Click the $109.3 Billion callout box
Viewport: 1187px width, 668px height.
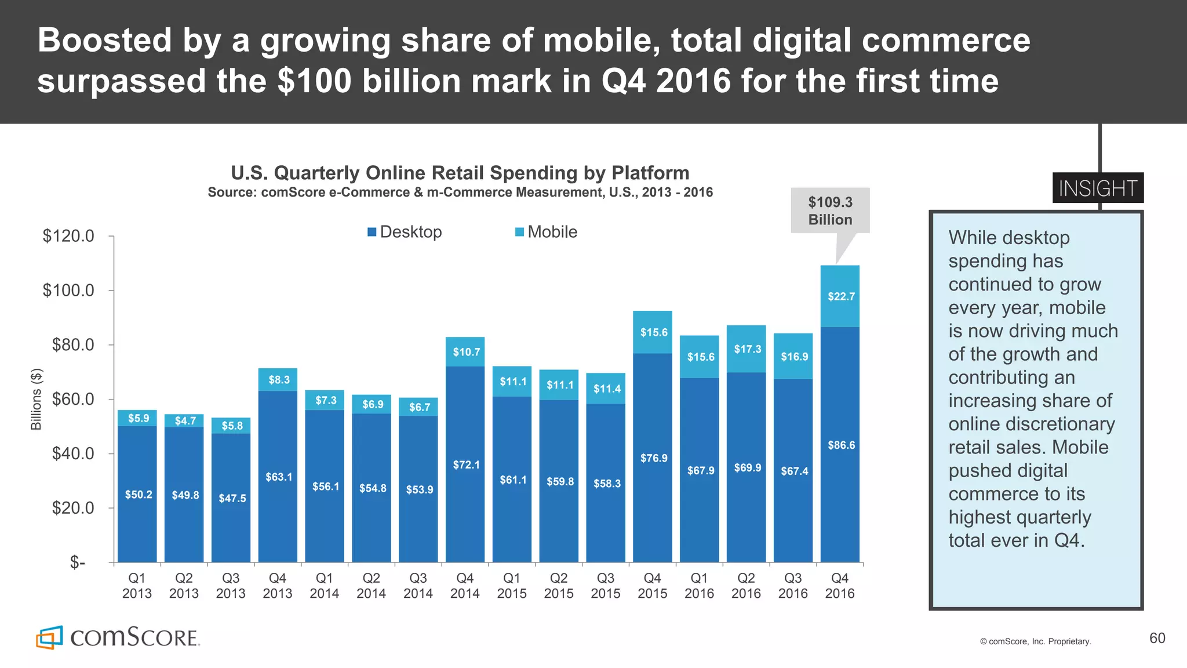pyautogui.click(x=830, y=210)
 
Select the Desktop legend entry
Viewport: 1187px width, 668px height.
pyautogui.click(x=405, y=232)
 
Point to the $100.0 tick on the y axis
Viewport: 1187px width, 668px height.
pyautogui.click(x=68, y=290)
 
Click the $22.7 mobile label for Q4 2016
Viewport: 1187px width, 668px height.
pyautogui.click(x=840, y=296)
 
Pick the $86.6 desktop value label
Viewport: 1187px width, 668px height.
pyautogui.click(x=840, y=445)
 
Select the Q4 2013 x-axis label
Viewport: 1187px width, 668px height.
pyautogui.click(x=278, y=586)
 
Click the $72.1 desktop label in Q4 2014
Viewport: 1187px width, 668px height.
pyautogui.click(x=466, y=464)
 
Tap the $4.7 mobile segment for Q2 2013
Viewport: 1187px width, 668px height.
pyautogui.click(x=185, y=420)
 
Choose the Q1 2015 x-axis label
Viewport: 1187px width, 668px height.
pyautogui.click(x=512, y=586)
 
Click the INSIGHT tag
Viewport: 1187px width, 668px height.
pyautogui.click(x=1098, y=188)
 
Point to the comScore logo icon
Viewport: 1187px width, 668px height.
pyautogui.click(x=49, y=637)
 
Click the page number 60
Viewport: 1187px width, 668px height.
pyautogui.click(x=1157, y=638)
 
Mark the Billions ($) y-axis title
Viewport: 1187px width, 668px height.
pyautogui.click(x=36, y=399)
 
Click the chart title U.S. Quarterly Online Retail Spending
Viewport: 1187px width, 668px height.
pyautogui.click(x=460, y=173)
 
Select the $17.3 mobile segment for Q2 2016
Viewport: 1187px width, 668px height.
pyautogui.click(x=747, y=349)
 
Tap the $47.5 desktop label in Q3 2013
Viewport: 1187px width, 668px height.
pyautogui.click(x=232, y=498)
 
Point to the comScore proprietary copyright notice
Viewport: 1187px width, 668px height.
pyautogui.click(x=1035, y=641)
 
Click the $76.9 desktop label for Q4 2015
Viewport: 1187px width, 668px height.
pyautogui.click(x=653, y=458)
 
